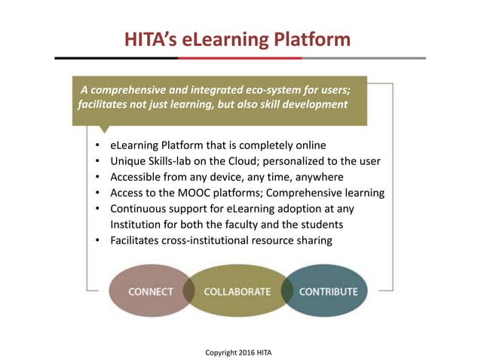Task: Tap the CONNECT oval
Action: point(151,291)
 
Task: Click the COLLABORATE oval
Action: point(237,291)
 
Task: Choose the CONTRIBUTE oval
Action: point(329,291)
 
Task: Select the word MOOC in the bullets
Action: point(195,193)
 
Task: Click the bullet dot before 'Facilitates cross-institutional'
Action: point(98,240)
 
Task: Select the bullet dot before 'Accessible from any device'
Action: point(98,177)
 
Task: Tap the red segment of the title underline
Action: point(241,58)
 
